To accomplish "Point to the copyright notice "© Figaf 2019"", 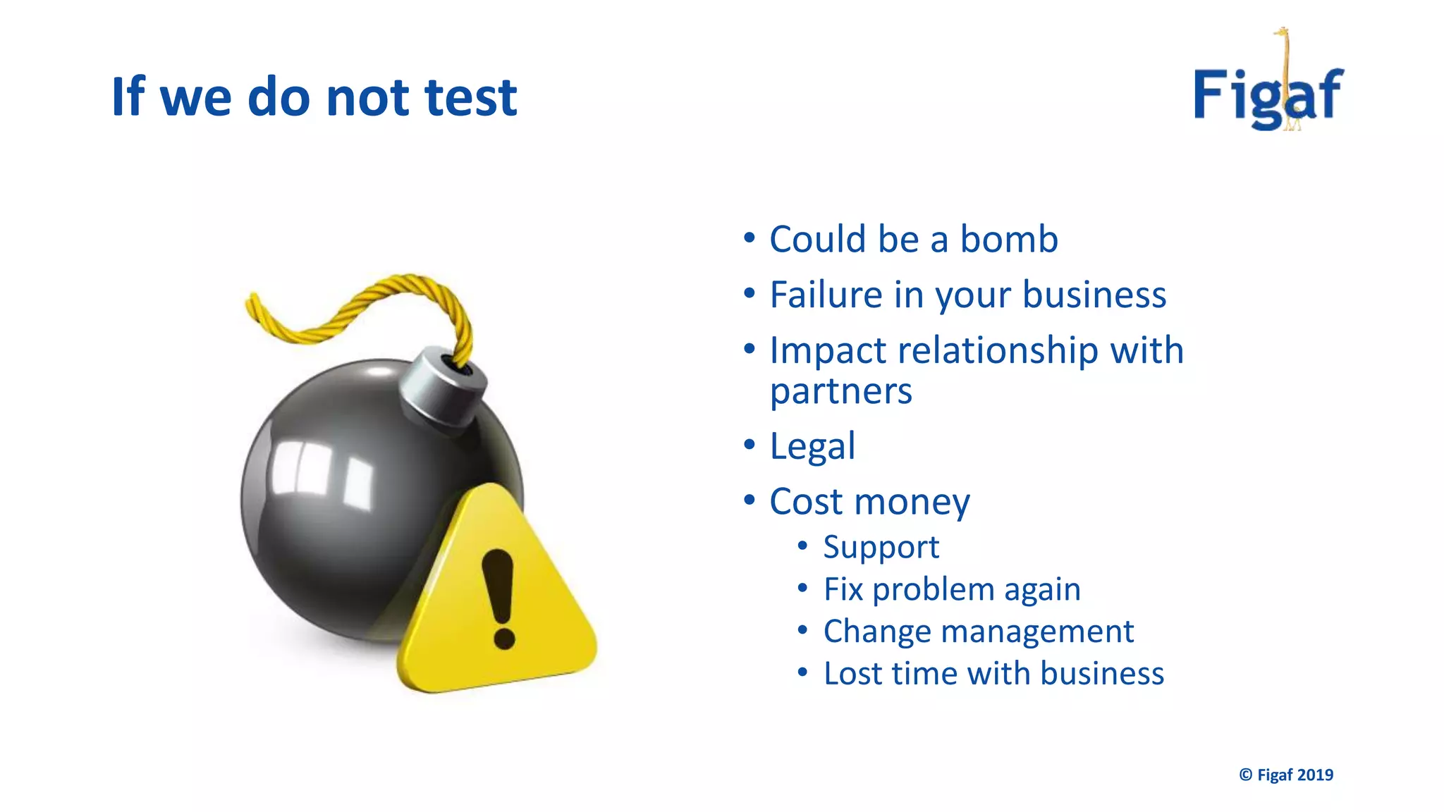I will pos(1286,775).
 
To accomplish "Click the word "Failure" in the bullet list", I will pos(826,295).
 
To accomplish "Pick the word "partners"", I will pos(840,391).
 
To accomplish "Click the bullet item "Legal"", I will pos(812,446).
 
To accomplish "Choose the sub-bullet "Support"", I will pos(881,548).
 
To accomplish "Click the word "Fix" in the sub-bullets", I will pos(843,589).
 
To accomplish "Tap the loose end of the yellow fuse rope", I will pos(251,303).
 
